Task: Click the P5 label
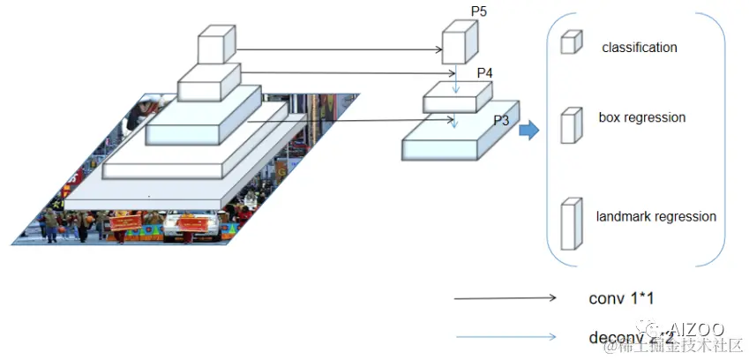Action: click(479, 12)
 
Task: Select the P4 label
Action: click(484, 73)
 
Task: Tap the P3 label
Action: click(501, 120)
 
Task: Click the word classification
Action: click(640, 48)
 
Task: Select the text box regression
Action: click(641, 117)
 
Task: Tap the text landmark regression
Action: click(655, 216)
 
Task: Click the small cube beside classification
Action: click(572, 41)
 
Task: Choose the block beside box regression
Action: click(572, 124)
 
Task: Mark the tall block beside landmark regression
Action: click(572, 226)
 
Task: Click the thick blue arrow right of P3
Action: click(528, 131)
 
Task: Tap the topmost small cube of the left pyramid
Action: click(216, 45)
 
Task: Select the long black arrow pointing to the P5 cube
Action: click(340, 49)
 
